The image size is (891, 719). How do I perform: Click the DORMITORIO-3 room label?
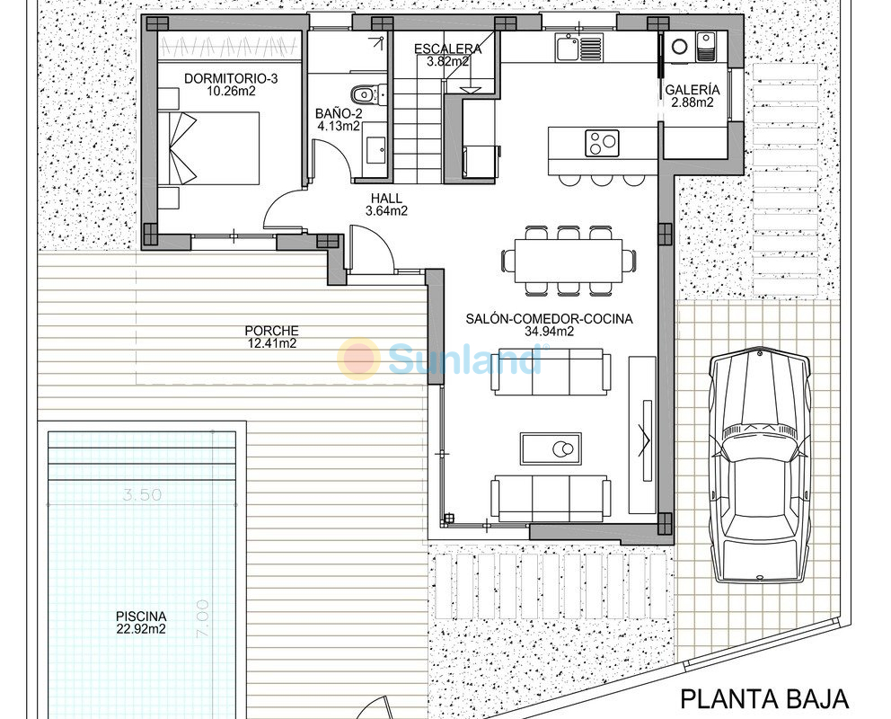click(231, 78)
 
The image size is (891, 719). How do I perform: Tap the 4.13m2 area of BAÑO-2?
click(339, 126)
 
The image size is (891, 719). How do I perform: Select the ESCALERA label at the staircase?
click(448, 49)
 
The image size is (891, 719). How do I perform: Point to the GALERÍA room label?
click(693, 90)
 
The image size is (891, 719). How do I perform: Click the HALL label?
click(386, 199)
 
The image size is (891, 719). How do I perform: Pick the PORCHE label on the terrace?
click(271, 330)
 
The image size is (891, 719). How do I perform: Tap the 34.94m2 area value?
click(549, 332)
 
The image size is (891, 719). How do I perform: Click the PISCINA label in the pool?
click(141, 617)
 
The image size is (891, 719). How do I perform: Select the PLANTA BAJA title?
click(764, 699)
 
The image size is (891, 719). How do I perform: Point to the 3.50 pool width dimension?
click(142, 494)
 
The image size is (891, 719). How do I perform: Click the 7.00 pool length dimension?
click(203, 619)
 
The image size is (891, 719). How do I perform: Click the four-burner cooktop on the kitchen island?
click(603, 143)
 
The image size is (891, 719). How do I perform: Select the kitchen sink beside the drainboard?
click(567, 49)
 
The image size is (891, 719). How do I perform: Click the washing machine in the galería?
click(680, 47)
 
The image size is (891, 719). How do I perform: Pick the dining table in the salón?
click(569, 261)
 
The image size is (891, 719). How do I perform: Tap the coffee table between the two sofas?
click(551, 448)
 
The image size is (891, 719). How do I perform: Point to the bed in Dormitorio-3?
click(215, 147)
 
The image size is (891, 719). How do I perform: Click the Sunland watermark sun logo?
click(358, 358)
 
